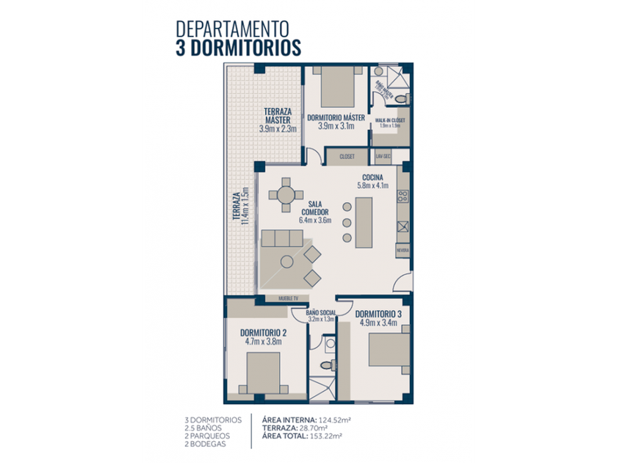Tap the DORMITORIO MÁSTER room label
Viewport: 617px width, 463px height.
336,118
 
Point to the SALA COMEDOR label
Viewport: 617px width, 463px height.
315,209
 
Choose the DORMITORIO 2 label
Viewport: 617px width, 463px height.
263,331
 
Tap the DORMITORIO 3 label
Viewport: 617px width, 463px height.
380,313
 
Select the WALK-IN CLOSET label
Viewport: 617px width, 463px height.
389,120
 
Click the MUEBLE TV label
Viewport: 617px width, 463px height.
289,298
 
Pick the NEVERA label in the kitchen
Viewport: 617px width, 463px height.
403,251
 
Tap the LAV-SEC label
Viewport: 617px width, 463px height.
383,157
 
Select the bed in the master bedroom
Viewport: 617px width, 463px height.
336,87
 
